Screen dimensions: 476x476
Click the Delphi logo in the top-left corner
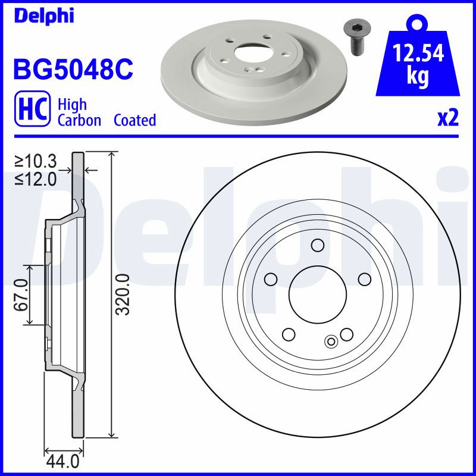pyautogui.click(x=44, y=16)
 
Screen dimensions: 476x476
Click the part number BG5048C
pyautogui.click(x=73, y=69)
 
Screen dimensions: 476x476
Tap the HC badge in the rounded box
pyautogui.click(x=33, y=109)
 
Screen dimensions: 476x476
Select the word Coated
pyautogui.click(x=135, y=120)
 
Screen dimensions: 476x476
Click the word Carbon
pyautogui.click(x=79, y=120)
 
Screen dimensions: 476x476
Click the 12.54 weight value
pyautogui.click(x=418, y=53)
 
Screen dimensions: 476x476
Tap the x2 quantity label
pyautogui.click(x=448, y=118)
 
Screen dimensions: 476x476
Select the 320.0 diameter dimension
pyautogui.click(x=124, y=295)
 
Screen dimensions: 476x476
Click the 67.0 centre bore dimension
pyautogui.click(x=21, y=295)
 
